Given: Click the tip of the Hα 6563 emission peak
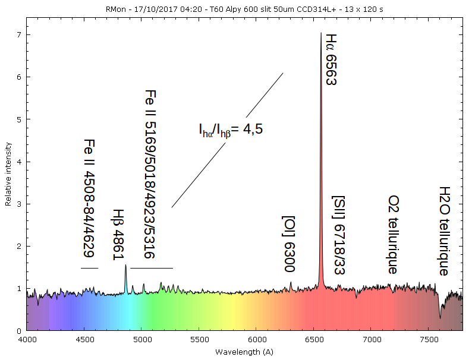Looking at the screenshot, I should click(321, 33).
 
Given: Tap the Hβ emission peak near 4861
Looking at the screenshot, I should click(125, 266).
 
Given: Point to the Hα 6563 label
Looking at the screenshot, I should click(331, 59).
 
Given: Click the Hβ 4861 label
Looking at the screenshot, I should click(119, 234).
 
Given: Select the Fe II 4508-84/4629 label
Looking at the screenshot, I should click(89, 198).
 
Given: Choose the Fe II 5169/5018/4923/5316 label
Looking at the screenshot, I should click(150, 174).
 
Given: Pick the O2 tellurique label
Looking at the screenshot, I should click(393, 234).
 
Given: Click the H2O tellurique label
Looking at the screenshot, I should click(443, 230).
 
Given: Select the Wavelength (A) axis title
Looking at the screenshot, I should click(244, 352).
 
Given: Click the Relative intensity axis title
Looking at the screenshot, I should click(8, 173).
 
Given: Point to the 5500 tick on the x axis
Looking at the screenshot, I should click(199, 340).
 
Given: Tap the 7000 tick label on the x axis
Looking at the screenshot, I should click(371, 340).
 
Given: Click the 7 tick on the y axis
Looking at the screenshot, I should click(19, 35).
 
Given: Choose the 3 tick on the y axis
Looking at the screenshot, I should click(19, 204).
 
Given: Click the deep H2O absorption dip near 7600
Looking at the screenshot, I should click(440, 317).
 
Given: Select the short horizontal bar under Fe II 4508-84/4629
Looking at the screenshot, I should click(89, 269).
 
